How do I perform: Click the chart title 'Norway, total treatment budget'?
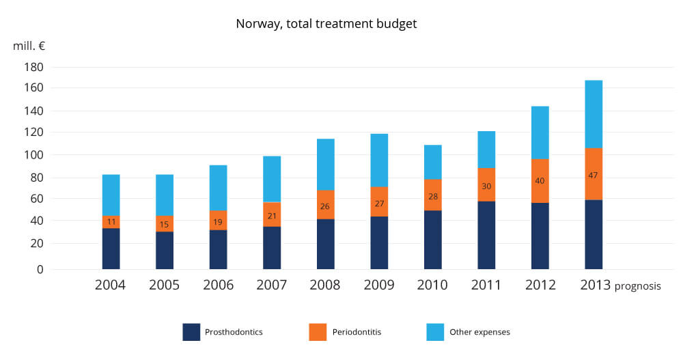tap(326, 23)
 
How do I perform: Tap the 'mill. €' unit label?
tap(28, 46)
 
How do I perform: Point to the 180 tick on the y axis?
tap(33, 67)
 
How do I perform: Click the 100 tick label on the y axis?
tap(33, 154)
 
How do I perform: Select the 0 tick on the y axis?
tap(39, 269)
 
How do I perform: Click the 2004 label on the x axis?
tap(111, 285)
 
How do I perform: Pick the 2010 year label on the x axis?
tap(432, 285)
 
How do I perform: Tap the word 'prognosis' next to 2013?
tap(638, 286)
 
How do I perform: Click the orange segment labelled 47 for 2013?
tap(594, 174)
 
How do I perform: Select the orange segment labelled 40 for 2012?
tap(540, 181)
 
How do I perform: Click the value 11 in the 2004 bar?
tap(111, 222)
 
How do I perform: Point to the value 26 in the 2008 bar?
tap(325, 205)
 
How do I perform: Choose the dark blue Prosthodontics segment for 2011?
tap(486, 235)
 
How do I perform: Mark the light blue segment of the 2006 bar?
tap(218, 188)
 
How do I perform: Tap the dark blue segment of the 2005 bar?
tap(165, 250)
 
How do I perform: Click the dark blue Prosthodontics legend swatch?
tap(191, 332)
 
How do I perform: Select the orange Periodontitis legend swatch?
tap(318, 332)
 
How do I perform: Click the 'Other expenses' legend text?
tap(479, 333)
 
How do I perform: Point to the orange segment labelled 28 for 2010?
tap(432, 195)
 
